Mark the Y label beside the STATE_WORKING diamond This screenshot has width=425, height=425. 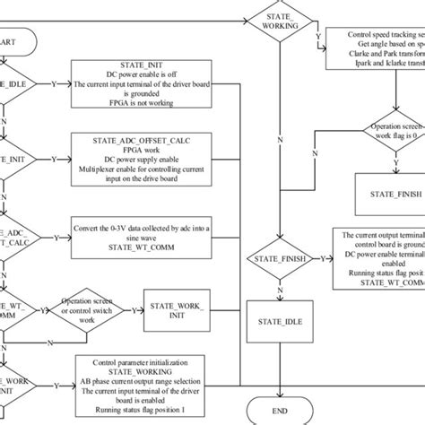click(x=317, y=37)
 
